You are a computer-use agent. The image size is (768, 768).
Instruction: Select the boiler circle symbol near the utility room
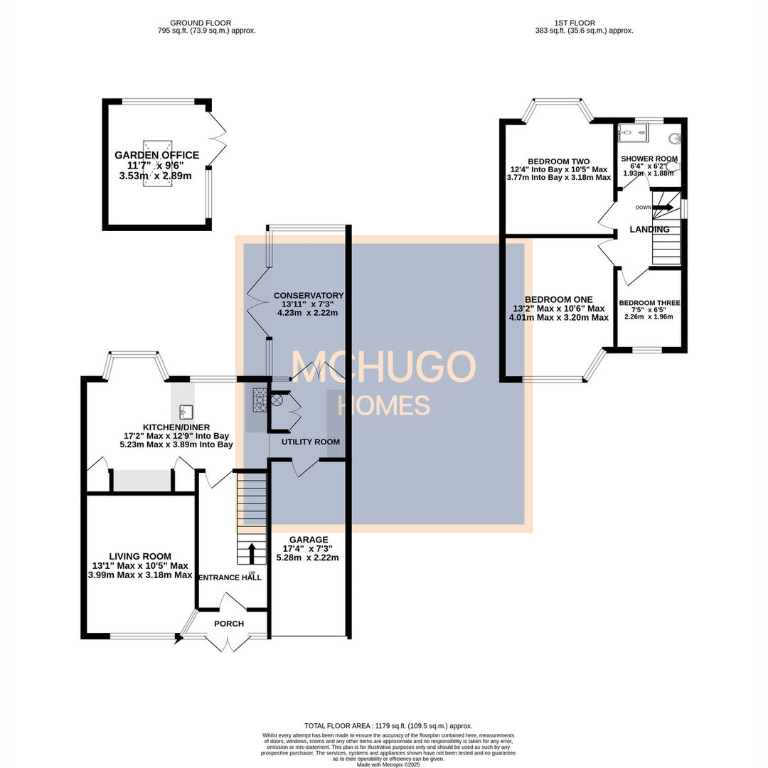tap(277, 400)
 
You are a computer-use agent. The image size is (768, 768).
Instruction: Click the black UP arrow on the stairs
tap(251, 552)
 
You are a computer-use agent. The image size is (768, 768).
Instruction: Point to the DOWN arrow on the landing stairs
tap(664, 208)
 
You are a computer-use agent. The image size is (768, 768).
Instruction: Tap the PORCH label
tap(229, 624)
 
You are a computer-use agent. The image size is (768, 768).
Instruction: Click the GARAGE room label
tap(309, 540)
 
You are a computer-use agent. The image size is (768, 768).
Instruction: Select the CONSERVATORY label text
tap(309, 296)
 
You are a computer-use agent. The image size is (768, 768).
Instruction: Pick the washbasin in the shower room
tap(675, 139)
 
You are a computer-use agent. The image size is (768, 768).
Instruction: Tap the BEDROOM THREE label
tap(649, 303)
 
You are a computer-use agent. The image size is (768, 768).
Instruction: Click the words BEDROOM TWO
tap(558, 161)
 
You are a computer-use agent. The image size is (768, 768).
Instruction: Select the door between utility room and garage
tap(305, 466)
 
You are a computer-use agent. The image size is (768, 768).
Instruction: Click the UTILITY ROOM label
tap(311, 442)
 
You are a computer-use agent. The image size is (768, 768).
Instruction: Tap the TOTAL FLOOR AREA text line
tap(388, 725)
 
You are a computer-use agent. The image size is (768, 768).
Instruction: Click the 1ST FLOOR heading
tap(575, 23)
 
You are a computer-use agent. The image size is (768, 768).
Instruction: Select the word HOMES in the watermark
tap(383, 405)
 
